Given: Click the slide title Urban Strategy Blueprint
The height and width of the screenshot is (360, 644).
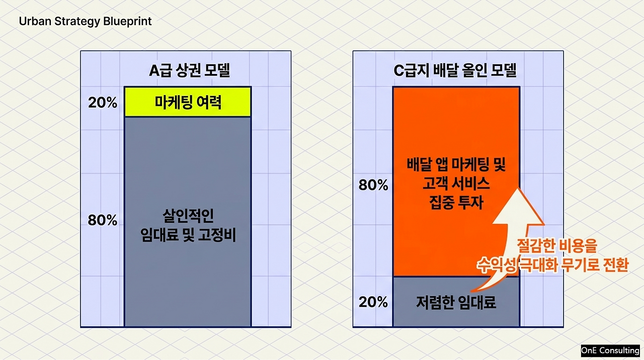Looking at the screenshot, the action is pos(85,22).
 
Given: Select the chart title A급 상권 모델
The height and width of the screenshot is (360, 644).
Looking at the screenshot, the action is pos(190,70).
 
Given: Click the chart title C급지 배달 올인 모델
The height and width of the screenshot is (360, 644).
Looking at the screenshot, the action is pos(455,70).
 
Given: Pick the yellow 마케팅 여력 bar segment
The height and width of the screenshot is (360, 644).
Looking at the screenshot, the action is pos(188,102).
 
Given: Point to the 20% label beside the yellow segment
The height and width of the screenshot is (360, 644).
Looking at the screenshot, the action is pos(103,102).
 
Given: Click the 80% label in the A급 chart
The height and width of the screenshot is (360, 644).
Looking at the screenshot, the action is pos(102,220).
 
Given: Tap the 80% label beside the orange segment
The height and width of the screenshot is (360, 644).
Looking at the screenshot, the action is pos(373,185).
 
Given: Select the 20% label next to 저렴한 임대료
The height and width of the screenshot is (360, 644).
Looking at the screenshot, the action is pos(373,302).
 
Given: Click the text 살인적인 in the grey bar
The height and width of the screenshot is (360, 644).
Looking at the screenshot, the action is pos(188,216).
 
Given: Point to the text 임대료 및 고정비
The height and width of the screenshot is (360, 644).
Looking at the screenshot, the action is pos(188,235).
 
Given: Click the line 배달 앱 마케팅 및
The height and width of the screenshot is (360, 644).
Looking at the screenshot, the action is pos(456,165).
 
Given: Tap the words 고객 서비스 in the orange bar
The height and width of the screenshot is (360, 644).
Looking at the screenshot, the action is pos(456,183).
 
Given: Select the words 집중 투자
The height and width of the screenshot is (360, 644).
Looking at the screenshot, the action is pos(456,202).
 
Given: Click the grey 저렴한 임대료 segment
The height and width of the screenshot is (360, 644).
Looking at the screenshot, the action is pos(456,302).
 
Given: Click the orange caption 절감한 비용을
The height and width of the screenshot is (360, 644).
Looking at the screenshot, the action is pos(557,246).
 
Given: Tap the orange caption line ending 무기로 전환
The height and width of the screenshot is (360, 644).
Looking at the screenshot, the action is pos(552,265).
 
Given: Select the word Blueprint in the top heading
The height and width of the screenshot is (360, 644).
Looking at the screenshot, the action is pos(127,22).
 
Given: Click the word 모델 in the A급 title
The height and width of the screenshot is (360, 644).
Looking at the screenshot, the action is pos(217,70).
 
